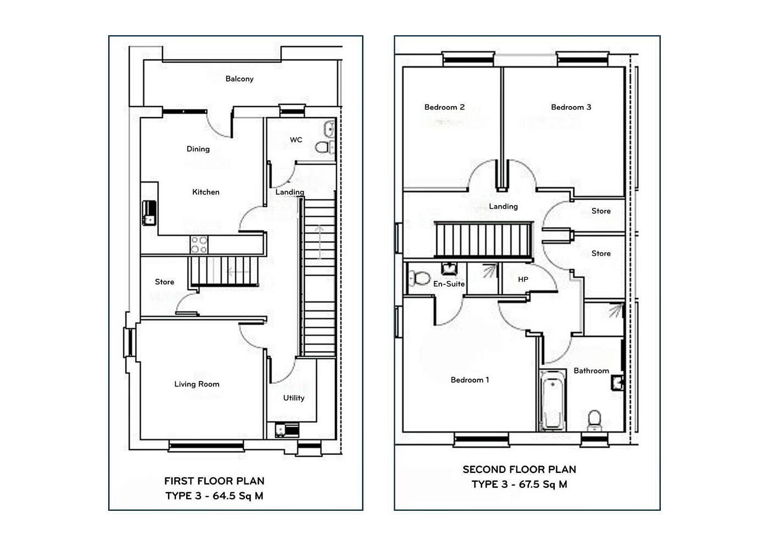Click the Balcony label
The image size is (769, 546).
point(239,79)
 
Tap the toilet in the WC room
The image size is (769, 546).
point(324,147)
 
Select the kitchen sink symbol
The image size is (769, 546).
point(149,213)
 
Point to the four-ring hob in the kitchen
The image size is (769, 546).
point(199,245)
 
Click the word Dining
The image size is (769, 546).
point(198,149)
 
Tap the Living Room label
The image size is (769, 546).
point(197,384)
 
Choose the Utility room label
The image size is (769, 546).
point(293,398)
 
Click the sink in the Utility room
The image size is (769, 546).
point(287,430)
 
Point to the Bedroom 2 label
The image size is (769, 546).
point(444,107)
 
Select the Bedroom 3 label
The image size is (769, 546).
point(571,107)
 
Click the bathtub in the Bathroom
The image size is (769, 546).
point(553,400)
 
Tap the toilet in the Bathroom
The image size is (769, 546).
point(594,421)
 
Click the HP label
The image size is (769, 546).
point(523,280)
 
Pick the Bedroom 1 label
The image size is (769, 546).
point(470,380)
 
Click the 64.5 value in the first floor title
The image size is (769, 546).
point(224,496)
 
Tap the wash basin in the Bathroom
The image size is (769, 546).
point(617,383)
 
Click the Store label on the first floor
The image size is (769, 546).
point(164,282)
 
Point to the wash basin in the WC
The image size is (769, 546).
point(329,129)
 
